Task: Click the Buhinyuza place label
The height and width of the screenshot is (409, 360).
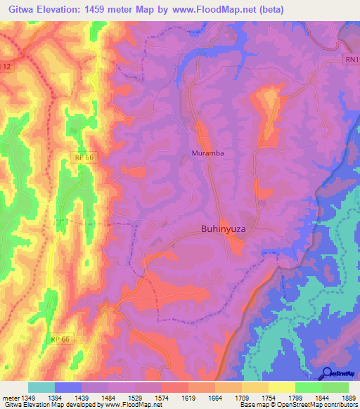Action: pos(227,229)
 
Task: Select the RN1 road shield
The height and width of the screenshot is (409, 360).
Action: pos(351,60)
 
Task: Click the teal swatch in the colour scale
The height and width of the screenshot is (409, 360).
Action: pos(41,387)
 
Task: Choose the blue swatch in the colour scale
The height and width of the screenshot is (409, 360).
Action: pos(68,387)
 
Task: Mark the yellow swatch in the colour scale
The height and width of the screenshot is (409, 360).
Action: pos(282,387)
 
